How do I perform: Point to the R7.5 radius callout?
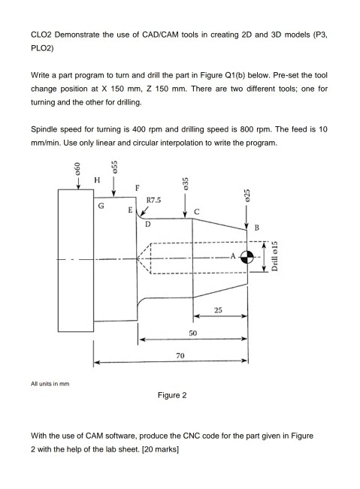click(x=156, y=201)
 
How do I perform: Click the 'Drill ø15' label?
click(x=274, y=259)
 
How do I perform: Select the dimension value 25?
click(x=219, y=309)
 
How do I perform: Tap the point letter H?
click(x=95, y=180)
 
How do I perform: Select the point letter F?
click(x=136, y=187)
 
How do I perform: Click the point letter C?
click(x=197, y=212)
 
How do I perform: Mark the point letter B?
click(x=257, y=228)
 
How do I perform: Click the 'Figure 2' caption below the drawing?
click(x=173, y=395)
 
